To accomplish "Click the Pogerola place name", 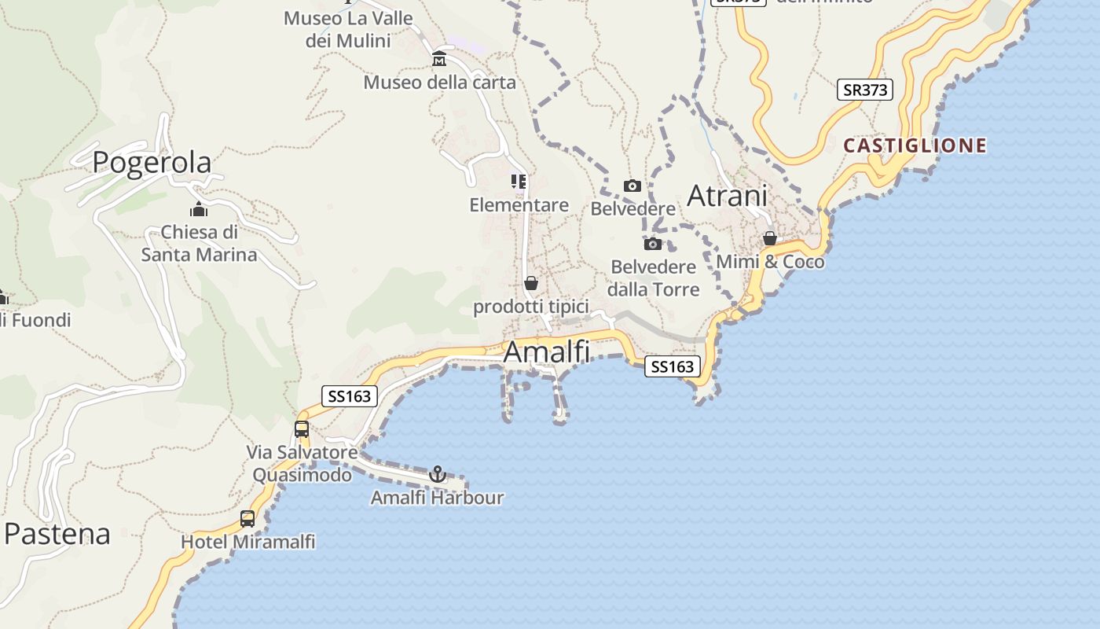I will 152,162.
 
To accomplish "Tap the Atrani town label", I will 727,196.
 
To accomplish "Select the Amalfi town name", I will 546,351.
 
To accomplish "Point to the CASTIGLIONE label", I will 915,145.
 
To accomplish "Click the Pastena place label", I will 57,534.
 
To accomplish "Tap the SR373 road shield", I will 864,90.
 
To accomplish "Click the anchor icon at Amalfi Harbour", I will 438,474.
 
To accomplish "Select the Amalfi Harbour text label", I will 437,498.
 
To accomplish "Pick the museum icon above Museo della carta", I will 439,59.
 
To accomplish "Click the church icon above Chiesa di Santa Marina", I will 199,209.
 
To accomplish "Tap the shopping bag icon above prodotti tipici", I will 531,283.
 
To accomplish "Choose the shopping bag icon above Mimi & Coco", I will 770,238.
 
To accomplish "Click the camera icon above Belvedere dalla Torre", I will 653,244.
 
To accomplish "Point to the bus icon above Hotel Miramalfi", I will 247,519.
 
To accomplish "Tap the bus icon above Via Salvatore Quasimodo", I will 302,429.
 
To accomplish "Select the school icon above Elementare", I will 519,182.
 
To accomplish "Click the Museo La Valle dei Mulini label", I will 348,29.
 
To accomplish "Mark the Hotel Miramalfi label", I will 248,542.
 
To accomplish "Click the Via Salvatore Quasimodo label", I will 302,464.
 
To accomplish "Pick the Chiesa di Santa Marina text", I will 199,244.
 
